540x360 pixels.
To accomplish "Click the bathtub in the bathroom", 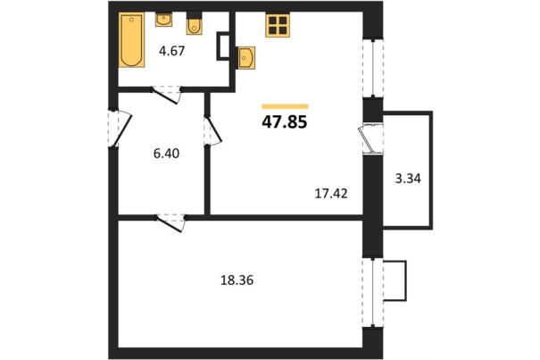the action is coord(131,40).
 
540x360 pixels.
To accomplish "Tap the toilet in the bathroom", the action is coord(195,23).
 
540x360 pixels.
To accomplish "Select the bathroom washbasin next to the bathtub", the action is coord(163,20).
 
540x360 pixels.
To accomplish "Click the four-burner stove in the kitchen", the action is coord(278,25).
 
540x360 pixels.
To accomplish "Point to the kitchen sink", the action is coord(246,58).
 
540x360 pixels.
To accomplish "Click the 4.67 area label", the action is coord(172,51).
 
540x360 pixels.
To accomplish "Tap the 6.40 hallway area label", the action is coord(166,153).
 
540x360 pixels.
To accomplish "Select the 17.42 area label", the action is coord(331,194).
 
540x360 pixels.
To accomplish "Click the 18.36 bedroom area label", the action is coord(237,280).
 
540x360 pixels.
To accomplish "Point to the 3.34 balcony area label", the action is coord(408,179).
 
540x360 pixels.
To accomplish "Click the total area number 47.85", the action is coord(285,121).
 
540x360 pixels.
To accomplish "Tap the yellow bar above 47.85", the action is coord(285,106).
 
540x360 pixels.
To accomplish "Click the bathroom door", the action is coord(167,95).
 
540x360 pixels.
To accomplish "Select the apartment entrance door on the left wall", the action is coord(119,129).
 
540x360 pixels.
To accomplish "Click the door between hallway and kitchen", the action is coord(212,130).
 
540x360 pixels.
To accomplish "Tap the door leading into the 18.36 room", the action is coord(170,222).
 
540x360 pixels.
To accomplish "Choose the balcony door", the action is coord(370,139).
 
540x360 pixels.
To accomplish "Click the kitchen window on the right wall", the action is coord(373,68).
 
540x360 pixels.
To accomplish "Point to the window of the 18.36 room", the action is coord(373,293).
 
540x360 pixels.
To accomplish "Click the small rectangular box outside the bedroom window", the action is coord(395,281).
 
